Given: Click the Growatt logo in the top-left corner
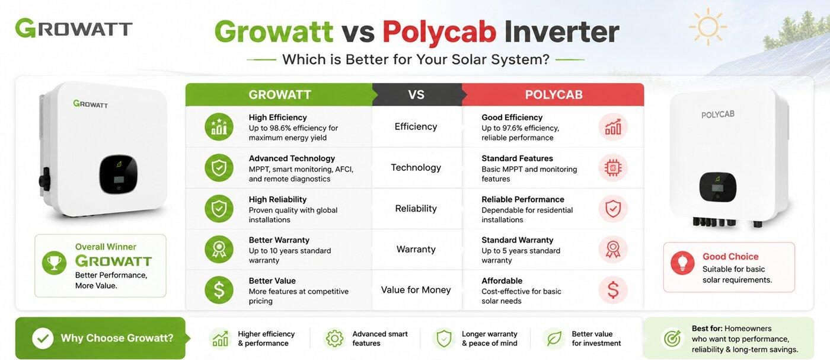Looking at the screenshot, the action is pyautogui.click(x=74, y=28).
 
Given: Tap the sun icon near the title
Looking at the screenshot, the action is pyautogui.click(x=708, y=27).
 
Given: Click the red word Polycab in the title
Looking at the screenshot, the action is pyautogui.click(x=439, y=33).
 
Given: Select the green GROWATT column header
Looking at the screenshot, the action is pyautogui.click(x=280, y=94).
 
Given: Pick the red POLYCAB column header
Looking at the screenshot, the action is pyautogui.click(x=553, y=94).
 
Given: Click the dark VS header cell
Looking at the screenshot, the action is pyautogui.click(x=416, y=94).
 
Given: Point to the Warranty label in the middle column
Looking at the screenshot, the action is pyautogui.click(x=416, y=249).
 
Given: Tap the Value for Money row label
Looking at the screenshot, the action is pyautogui.click(x=416, y=290).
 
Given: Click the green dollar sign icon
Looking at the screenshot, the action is pyautogui.click(x=219, y=290).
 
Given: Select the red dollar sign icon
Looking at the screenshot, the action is pyautogui.click(x=613, y=290).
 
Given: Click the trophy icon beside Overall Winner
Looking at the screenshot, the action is pyautogui.click(x=54, y=263).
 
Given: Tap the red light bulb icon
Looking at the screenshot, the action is pyautogui.click(x=682, y=263).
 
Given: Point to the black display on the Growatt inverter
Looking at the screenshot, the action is pyautogui.click(x=118, y=174).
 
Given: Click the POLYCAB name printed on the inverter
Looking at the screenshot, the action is pyautogui.click(x=718, y=114).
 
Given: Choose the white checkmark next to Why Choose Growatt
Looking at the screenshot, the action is pyautogui.click(x=43, y=338).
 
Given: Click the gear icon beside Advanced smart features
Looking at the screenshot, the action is pyautogui.click(x=334, y=339).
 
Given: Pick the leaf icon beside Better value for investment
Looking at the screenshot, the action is pyautogui.click(x=554, y=339).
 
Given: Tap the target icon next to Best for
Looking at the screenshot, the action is pyautogui.click(x=672, y=339).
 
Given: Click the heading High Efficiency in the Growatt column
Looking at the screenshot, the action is pyautogui.click(x=277, y=117).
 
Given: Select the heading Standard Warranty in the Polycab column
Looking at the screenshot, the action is pyautogui.click(x=517, y=240).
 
